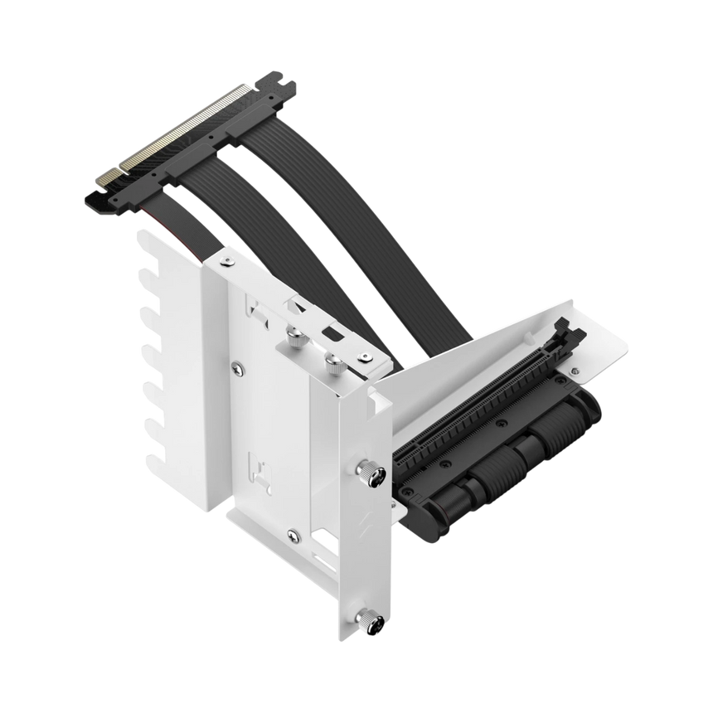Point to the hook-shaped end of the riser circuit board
[96, 199]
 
